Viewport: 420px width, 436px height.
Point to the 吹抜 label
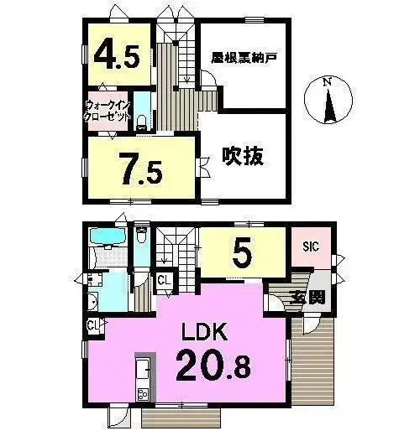tap(243, 156)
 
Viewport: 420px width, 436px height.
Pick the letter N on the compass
tap(327, 82)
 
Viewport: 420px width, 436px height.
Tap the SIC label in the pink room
tap(311, 247)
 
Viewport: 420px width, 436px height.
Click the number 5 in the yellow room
tap(243, 252)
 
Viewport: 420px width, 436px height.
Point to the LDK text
tap(204, 331)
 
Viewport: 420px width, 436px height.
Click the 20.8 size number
tap(213, 365)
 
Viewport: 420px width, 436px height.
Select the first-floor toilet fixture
tap(141, 235)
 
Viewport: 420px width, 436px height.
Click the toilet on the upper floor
tap(141, 122)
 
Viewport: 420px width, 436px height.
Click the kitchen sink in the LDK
tap(143, 369)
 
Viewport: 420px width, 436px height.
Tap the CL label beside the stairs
tap(164, 280)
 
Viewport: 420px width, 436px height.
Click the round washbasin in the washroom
tap(92, 302)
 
